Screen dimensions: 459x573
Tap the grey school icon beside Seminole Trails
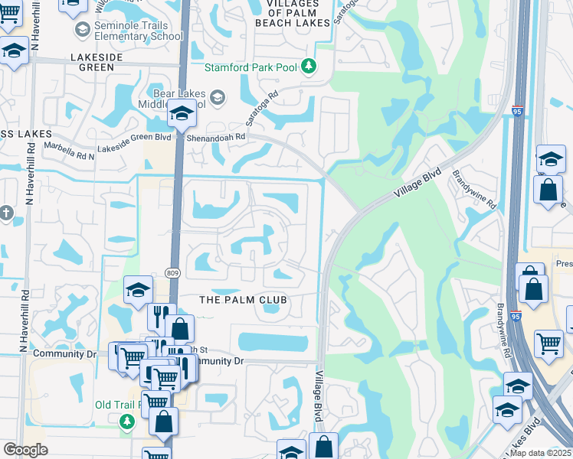point(82,30)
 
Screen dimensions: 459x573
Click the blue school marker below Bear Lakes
point(182,114)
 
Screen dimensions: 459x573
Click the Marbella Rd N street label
point(70,150)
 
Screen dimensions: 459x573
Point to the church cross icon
point(6,213)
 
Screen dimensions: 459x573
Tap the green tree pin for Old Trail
point(127,422)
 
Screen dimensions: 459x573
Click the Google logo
point(25,450)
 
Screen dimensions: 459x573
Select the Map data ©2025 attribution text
point(541,453)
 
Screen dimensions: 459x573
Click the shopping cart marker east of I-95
point(548,343)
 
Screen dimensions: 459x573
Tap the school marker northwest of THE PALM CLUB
point(138,289)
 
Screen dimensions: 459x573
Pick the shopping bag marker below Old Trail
point(164,422)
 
